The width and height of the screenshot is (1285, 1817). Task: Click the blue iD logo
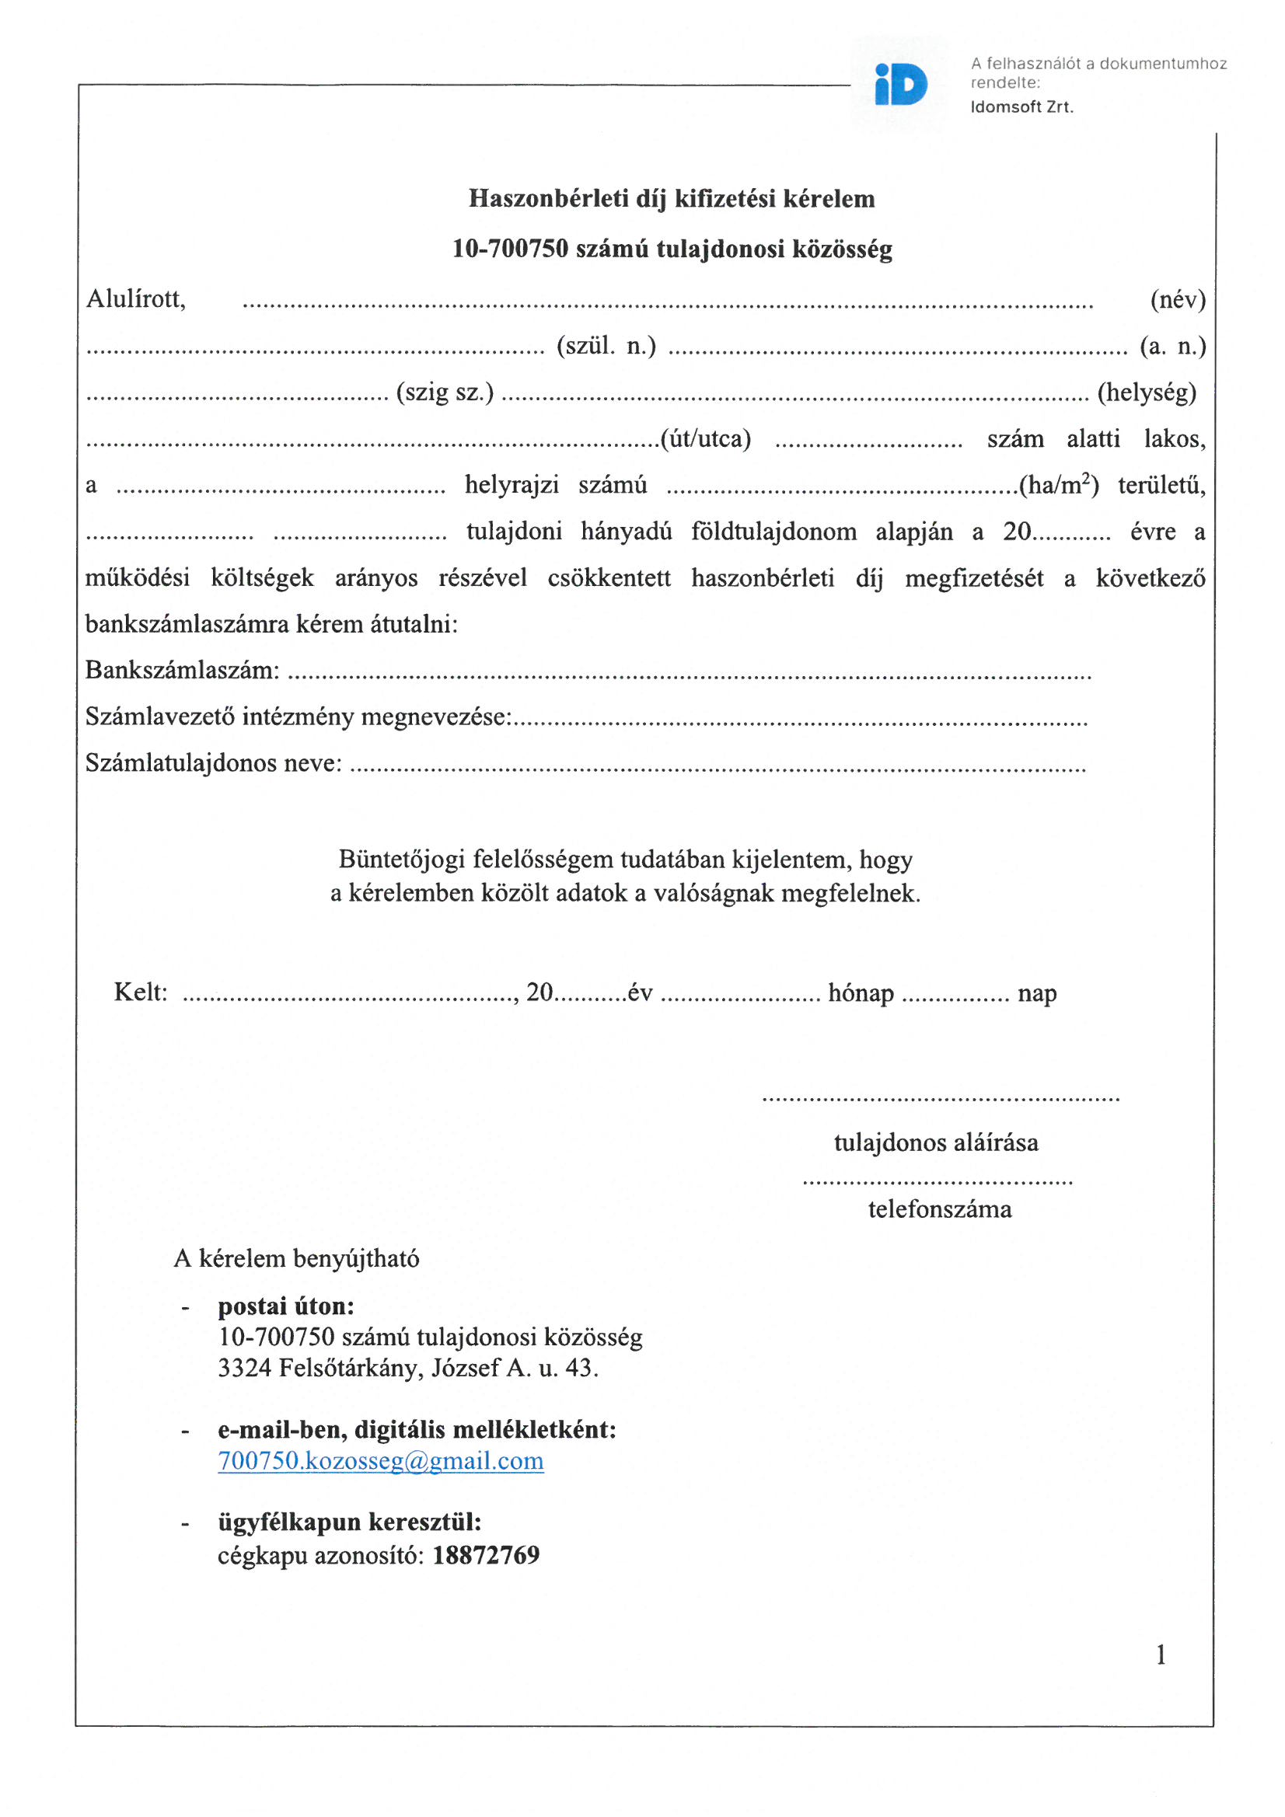click(x=901, y=85)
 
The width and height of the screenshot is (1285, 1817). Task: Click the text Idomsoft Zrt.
click(x=1021, y=106)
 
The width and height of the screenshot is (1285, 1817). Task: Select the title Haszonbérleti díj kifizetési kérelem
click(x=672, y=198)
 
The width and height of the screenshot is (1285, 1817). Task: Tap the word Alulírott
click(x=135, y=299)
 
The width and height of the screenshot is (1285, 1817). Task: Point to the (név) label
click(x=1177, y=299)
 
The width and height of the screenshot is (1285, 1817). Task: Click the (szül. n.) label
click(x=606, y=346)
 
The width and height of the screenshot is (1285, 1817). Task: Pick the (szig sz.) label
click(x=445, y=392)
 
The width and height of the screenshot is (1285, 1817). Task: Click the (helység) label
click(x=1147, y=392)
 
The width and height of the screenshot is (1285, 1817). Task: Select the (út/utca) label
click(x=706, y=438)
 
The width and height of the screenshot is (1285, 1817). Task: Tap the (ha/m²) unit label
click(x=1059, y=484)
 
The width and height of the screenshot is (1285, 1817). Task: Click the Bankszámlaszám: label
click(x=182, y=669)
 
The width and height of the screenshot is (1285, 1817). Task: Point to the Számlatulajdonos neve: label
click(x=214, y=763)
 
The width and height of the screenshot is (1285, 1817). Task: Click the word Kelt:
click(x=140, y=992)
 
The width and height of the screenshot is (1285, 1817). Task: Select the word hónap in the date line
click(x=861, y=992)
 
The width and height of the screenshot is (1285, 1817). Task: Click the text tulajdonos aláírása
click(x=936, y=1142)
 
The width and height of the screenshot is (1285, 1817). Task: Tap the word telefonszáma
click(x=940, y=1209)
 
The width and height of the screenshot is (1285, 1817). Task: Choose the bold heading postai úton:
click(x=286, y=1306)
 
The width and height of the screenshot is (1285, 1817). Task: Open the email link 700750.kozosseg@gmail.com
click(x=381, y=1460)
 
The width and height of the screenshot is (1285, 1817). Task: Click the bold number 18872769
click(x=486, y=1555)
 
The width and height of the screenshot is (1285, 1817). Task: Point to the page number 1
click(x=1161, y=1655)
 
